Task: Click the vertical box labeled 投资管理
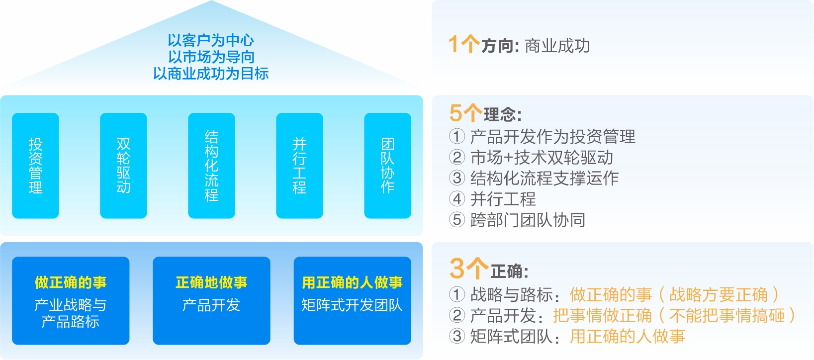[35, 166]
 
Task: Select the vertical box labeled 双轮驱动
[123, 166]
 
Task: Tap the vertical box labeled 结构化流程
[211, 166]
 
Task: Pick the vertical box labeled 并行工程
[299, 166]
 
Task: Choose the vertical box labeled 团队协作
[387, 166]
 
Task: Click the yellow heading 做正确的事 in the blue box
[71, 282]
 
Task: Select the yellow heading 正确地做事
[211, 282]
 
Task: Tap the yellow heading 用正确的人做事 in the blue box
[352, 282]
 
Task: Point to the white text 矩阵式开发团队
[352, 305]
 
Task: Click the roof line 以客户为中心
[211, 40]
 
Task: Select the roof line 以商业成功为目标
[211, 74]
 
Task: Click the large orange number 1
[453, 44]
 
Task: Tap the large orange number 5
[456, 113]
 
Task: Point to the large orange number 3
[457, 269]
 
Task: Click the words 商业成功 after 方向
[557, 46]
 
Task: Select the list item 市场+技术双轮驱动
[542, 158]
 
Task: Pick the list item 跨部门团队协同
[528, 220]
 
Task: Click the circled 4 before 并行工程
[456, 199]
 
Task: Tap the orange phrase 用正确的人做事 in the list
[627, 337]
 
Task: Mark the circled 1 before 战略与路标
[456, 294]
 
